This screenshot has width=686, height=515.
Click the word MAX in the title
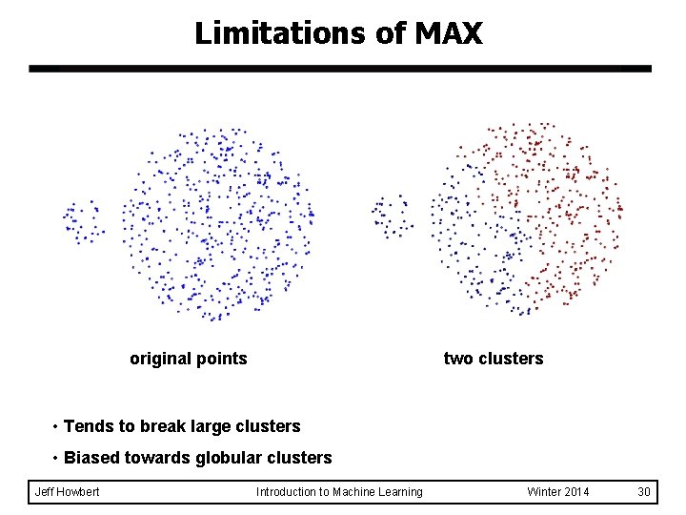pyautogui.click(x=449, y=34)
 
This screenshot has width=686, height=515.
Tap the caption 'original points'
pyautogui.click(x=188, y=359)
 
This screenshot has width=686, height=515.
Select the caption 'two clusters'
pyautogui.click(x=494, y=359)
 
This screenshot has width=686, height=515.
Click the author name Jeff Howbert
pyautogui.click(x=67, y=492)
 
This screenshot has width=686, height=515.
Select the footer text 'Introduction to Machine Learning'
pyautogui.click(x=339, y=492)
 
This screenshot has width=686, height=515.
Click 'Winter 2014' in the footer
pyautogui.click(x=558, y=492)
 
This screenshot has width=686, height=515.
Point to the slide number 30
pyautogui.click(x=644, y=492)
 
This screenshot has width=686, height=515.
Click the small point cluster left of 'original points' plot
pyautogui.click(x=82, y=220)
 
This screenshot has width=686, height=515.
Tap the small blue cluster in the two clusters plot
pyautogui.click(x=392, y=215)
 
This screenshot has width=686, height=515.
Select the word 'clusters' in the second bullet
pyautogui.click(x=301, y=458)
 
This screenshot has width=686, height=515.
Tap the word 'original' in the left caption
pyautogui.click(x=159, y=359)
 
